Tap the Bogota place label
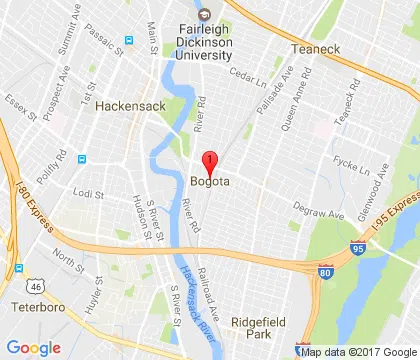coord(210,181)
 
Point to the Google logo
coord(33,347)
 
